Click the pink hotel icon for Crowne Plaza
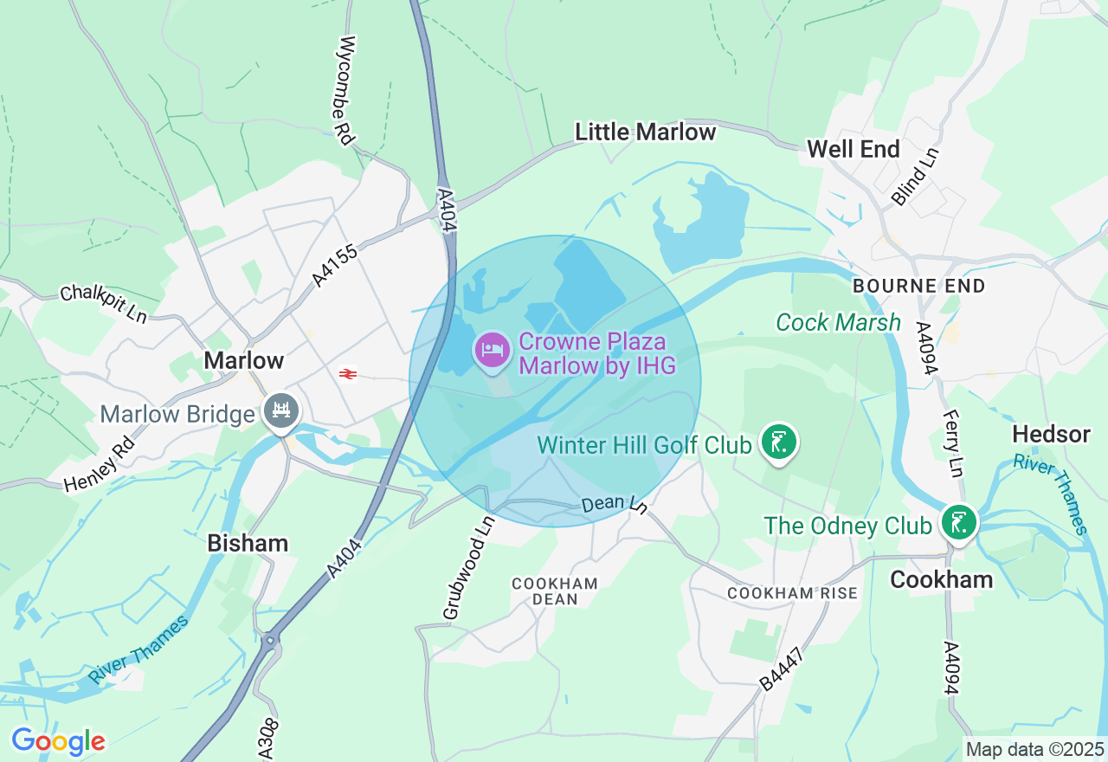[493, 349]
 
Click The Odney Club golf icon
[960, 523]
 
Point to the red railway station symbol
[348, 374]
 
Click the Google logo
[58, 741]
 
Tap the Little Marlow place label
[646, 132]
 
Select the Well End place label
[854, 149]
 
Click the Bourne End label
[918, 286]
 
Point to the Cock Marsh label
[838, 323]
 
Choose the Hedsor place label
[1051, 434]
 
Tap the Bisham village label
[248, 543]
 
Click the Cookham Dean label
[555, 591]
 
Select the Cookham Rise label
[792, 593]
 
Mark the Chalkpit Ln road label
[104, 303]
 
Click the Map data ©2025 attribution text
[1034, 749]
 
